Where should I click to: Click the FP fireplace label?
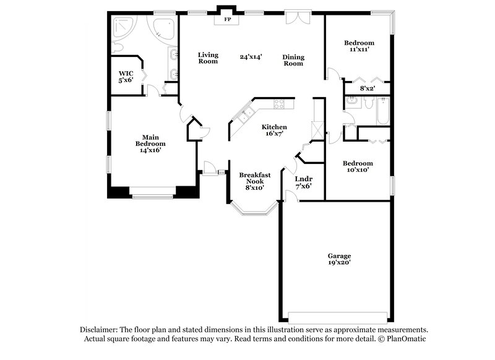click(227, 20)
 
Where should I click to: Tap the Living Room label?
click(208, 58)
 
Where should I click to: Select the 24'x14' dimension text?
click(251, 56)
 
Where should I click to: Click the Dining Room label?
click(293, 60)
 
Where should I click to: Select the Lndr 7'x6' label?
click(303, 182)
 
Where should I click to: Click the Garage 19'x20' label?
click(339, 259)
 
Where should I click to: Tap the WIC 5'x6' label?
click(126, 77)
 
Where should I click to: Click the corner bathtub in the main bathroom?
click(163, 28)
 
